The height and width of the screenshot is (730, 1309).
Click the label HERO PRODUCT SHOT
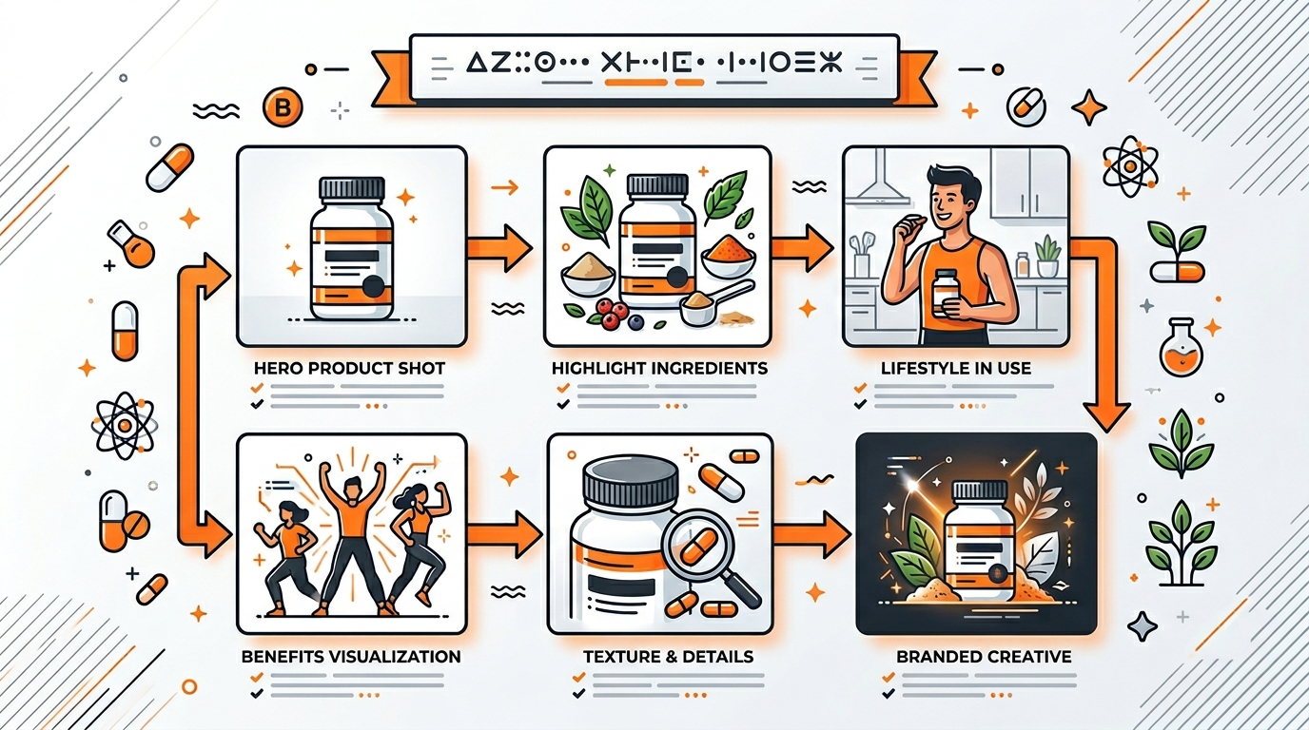pos(350,368)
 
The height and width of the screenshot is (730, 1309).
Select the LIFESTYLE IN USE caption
pos(955,368)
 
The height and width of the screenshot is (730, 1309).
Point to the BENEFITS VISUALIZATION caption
pos(351,656)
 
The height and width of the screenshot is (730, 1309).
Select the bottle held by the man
pos(945,293)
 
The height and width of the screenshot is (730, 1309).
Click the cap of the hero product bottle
pos(351,188)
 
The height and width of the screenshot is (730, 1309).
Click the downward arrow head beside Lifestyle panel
pos(1106,414)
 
